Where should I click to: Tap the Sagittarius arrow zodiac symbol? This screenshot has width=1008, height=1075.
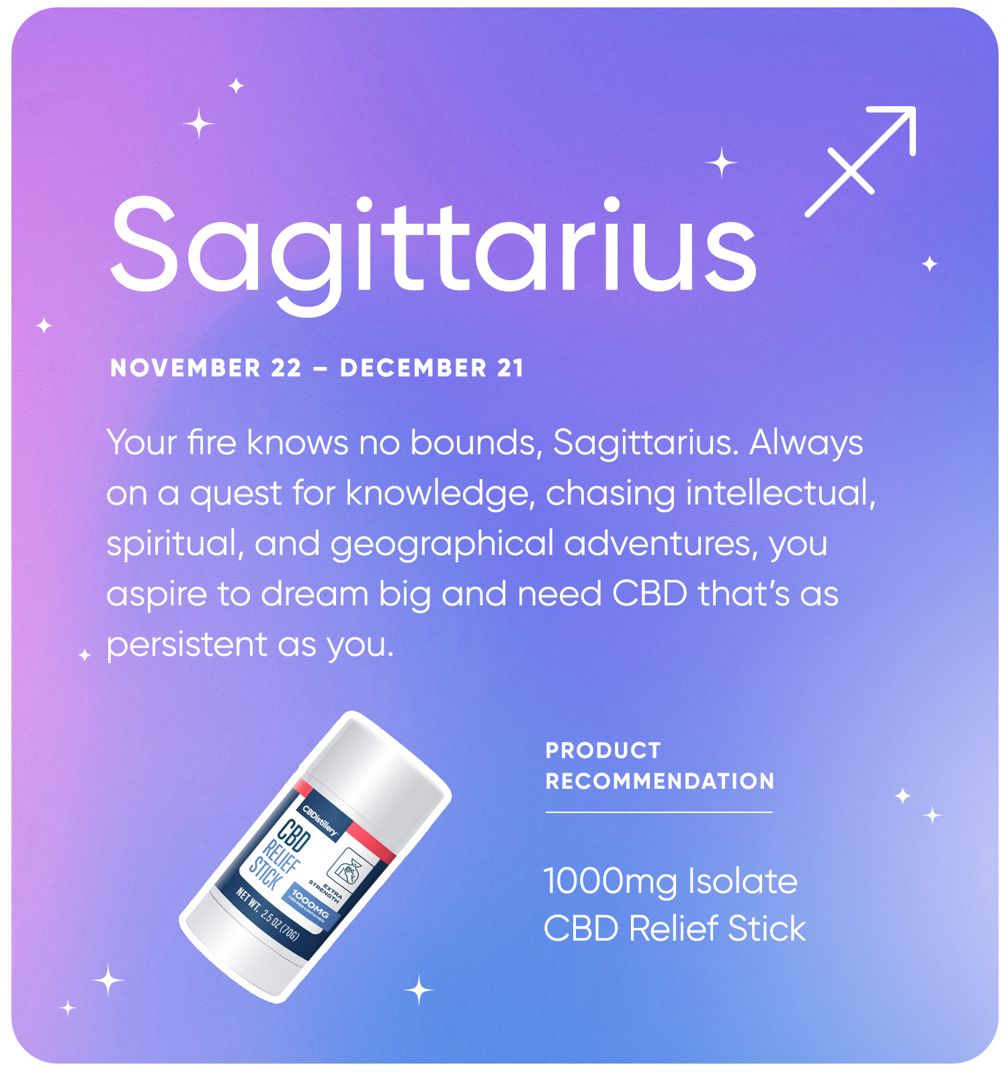click(861, 161)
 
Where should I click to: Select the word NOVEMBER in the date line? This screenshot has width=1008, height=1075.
click(185, 368)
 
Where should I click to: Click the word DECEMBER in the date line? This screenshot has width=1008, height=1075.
click(413, 368)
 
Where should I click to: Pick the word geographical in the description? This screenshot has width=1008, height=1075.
click(442, 545)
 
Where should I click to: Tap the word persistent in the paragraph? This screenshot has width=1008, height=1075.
click(187, 644)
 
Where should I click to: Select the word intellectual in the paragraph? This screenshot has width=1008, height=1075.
click(781, 493)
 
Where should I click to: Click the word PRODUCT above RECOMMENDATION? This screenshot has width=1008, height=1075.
click(603, 750)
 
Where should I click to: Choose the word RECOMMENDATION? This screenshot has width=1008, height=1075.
click(660, 781)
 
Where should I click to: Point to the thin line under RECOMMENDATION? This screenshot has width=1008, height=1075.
click(659, 812)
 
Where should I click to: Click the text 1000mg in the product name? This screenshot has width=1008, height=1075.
click(610, 882)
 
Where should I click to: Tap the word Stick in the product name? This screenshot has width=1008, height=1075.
click(767, 929)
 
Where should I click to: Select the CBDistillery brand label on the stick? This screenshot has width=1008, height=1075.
click(320, 820)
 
